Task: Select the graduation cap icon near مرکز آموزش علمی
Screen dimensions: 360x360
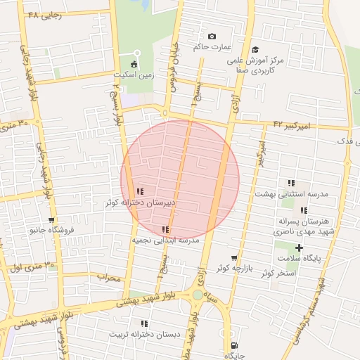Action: (x=255, y=49)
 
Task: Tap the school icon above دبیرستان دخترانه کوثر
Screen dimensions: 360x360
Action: (x=140, y=191)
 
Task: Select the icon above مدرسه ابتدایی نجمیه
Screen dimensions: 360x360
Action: (x=165, y=229)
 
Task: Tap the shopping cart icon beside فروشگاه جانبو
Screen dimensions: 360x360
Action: (x=51, y=220)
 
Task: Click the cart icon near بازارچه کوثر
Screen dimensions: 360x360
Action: (x=234, y=258)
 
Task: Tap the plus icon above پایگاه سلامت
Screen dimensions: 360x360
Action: (x=300, y=247)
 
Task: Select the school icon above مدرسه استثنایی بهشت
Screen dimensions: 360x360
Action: (x=291, y=183)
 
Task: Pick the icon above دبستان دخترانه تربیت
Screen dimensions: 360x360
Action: (x=144, y=323)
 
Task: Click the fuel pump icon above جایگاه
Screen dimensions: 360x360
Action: (x=234, y=345)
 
